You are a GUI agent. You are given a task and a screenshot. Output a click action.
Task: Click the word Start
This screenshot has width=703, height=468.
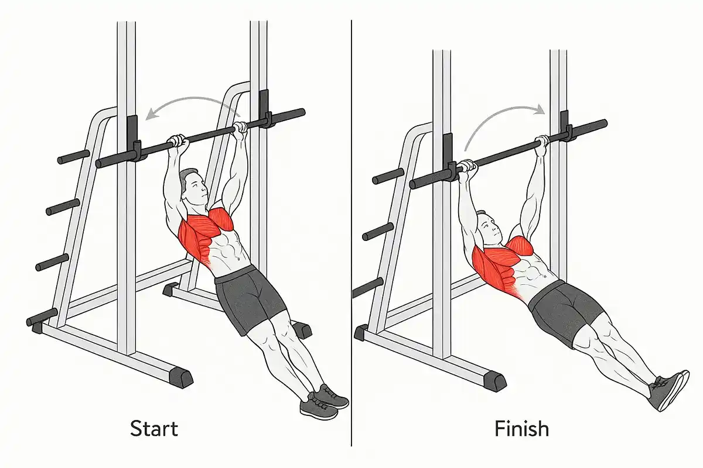pos(154,428)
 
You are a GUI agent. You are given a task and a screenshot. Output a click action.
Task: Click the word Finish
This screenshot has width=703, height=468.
pos(521,428)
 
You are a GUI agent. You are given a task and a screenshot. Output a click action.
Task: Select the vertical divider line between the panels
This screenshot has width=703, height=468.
pos(351,233)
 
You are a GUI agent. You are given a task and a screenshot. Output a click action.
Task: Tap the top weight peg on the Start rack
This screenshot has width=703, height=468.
pos(74,157)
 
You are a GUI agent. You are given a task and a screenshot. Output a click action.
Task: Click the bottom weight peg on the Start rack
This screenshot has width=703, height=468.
pos(42,317)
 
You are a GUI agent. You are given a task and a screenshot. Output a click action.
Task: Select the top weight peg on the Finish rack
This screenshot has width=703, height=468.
pos(388,177)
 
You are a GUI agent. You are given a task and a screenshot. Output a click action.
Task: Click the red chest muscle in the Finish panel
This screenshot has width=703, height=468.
pos(521,246)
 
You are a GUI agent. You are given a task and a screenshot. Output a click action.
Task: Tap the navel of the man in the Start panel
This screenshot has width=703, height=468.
pos(238,259)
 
